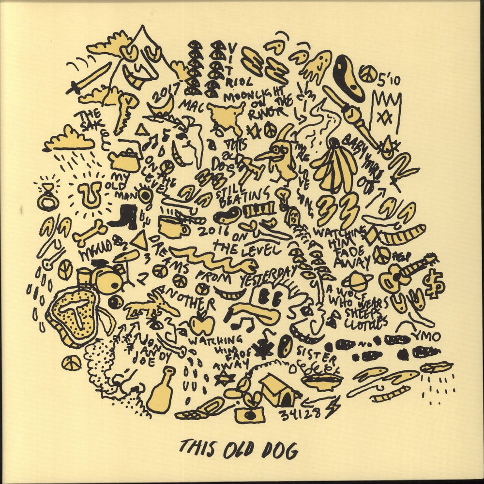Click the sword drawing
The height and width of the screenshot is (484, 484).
pyautogui.click(x=89, y=79)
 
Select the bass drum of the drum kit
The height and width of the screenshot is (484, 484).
pyautogui.click(x=107, y=279)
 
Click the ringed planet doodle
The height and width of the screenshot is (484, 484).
pyautogui.click(x=357, y=281)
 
